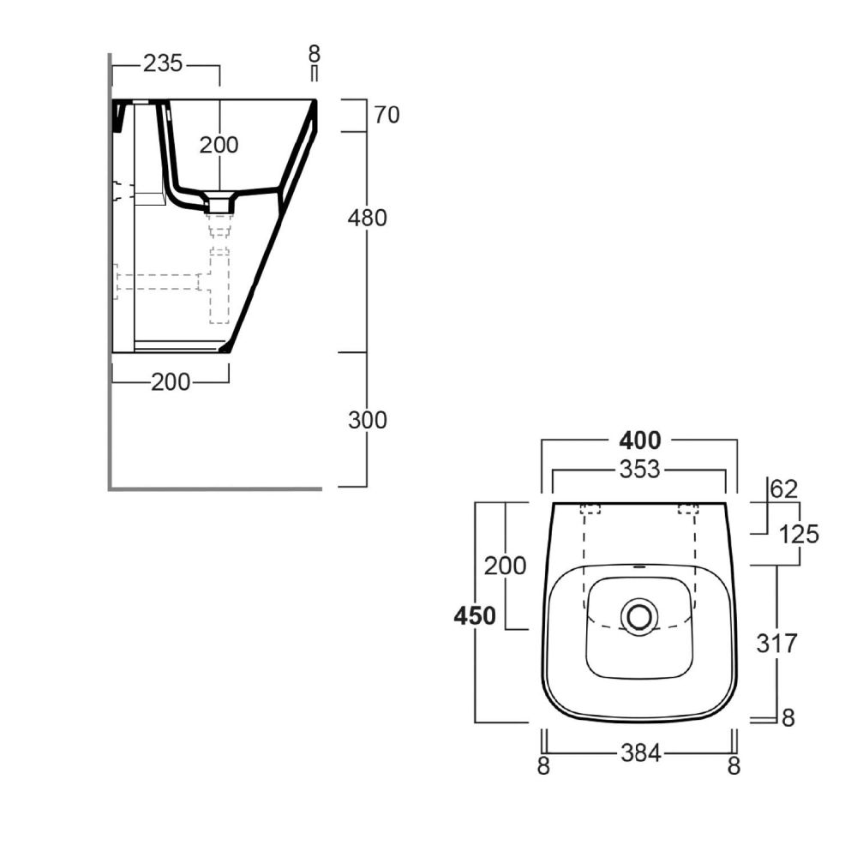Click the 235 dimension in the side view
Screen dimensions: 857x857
coord(162,64)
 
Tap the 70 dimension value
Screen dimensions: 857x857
coord(387,115)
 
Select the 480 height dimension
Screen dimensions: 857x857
coord(368,218)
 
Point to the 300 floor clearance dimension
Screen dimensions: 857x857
coord(368,420)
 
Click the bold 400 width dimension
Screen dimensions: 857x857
coord(639,440)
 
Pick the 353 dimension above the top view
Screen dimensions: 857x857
coord(639,469)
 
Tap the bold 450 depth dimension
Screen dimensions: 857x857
coord(475,616)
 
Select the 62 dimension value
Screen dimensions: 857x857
coord(784,488)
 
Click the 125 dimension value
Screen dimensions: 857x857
coord(799,534)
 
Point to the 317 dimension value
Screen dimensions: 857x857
coord(776,644)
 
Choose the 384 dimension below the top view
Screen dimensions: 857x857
coord(640,753)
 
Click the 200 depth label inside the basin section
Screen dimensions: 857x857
coord(219,145)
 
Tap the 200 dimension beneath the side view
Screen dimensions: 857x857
coord(171,382)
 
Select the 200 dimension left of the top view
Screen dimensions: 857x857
coord(505,566)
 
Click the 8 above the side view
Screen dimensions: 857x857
coord(314,53)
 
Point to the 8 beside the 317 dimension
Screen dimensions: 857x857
coord(788,717)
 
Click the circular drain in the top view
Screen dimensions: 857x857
coord(639,616)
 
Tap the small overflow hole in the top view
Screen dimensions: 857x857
coord(639,566)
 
